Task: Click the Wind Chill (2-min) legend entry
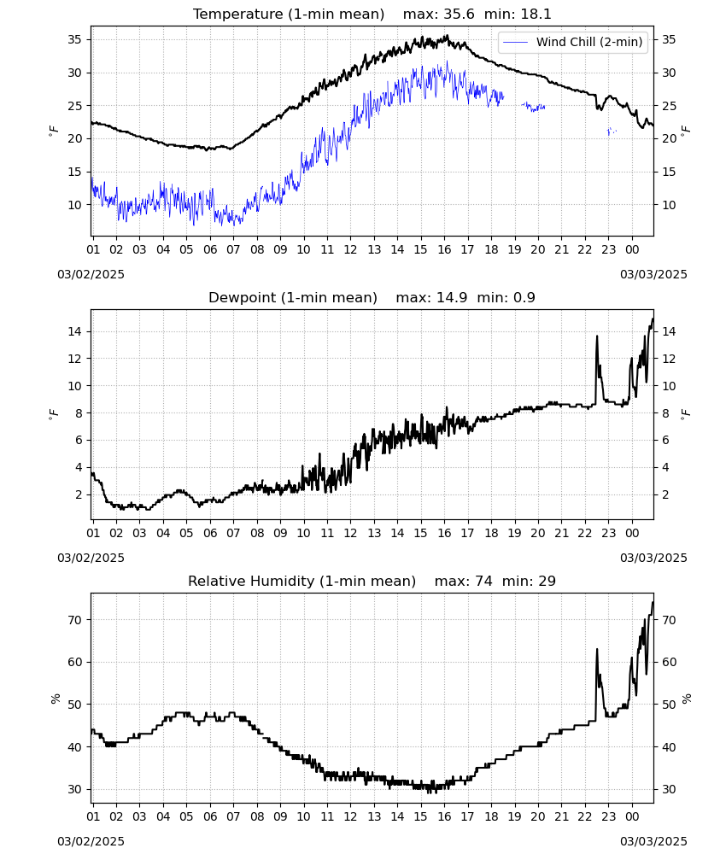tap(572, 42)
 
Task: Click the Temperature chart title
tap(289, 15)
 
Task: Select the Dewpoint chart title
tap(293, 298)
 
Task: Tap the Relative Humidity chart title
tap(302, 581)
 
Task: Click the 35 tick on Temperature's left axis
tap(74, 40)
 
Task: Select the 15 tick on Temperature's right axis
tap(669, 173)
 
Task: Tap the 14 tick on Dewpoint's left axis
tap(74, 331)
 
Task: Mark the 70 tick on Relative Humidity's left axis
tap(74, 620)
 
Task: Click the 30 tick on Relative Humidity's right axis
tap(669, 790)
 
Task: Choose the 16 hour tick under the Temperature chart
tap(444, 250)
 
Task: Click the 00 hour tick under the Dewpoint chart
tap(632, 533)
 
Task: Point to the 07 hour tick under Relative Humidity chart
tap(233, 817)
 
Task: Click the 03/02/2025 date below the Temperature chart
tap(91, 274)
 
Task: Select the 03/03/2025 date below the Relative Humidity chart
tap(653, 841)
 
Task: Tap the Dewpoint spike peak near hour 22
tap(597, 336)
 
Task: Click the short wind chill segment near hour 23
tap(612, 132)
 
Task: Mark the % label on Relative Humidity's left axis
tap(55, 699)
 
